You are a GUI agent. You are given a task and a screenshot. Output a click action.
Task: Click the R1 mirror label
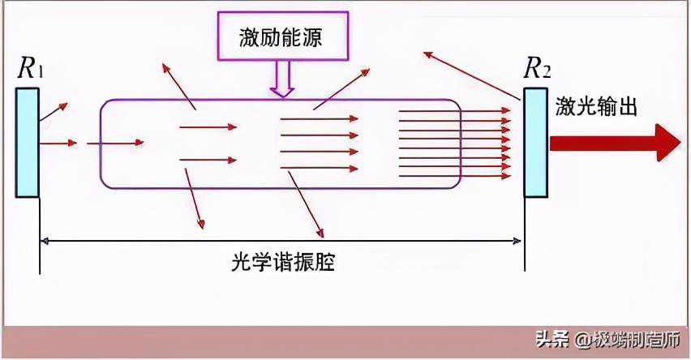pos(30,68)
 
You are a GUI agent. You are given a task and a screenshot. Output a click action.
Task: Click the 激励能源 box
pos(282,37)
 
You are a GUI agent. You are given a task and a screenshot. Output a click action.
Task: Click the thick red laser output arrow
pos(614,143)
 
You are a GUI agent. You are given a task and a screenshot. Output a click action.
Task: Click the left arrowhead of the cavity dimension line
pos(45,239)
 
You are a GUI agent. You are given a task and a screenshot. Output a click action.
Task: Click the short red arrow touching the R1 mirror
pos(58,143)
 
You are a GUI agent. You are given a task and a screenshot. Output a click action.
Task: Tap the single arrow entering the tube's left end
pos(114,143)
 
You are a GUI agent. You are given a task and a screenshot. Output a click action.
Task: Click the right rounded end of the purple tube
pos(460,143)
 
